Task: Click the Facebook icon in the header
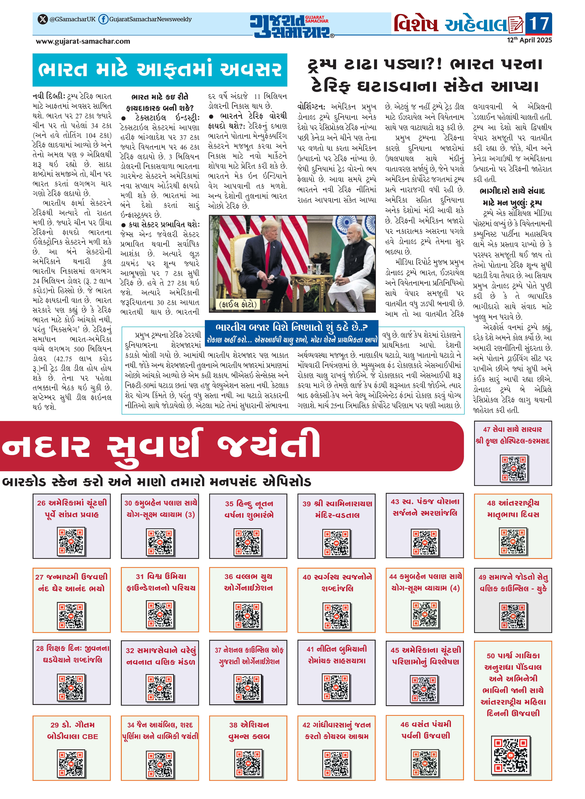pos(103,19)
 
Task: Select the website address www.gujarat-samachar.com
pos(83,41)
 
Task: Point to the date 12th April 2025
pos(529,40)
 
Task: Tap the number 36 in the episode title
pos(229,576)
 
